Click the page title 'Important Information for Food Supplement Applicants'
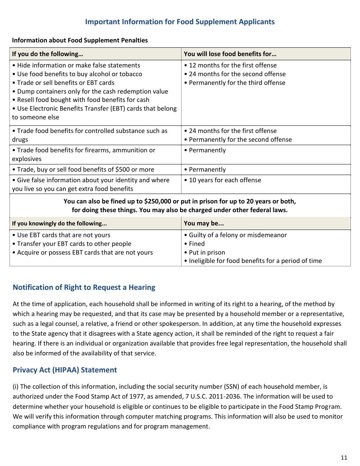(x=180, y=22)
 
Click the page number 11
(x=344, y=457)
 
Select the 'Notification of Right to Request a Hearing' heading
(x=84, y=287)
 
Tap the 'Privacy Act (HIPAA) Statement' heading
(x=65, y=370)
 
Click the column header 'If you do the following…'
(x=48, y=54)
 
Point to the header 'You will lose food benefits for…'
(x=230, y=54)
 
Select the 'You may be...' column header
(x=203, y=223)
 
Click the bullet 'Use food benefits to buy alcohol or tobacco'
(x=79, y=74)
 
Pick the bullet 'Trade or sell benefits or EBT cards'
(x=65, y=83)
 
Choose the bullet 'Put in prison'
(x=207, y=252)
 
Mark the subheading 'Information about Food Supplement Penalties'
(x=80, y=40)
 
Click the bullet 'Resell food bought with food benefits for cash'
(x=83, y=100)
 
